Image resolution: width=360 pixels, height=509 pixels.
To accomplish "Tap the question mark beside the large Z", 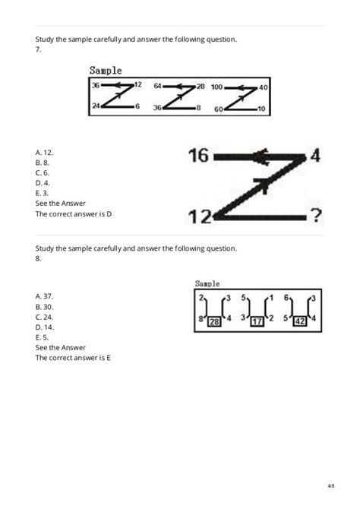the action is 316,217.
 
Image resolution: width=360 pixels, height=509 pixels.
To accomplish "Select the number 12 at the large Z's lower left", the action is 200,217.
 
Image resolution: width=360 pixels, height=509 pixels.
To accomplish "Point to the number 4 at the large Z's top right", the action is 316,156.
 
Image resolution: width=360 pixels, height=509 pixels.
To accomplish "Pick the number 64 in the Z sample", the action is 158,87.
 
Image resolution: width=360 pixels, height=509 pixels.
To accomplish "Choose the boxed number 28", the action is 214,322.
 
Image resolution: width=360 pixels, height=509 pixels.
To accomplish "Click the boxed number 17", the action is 257,322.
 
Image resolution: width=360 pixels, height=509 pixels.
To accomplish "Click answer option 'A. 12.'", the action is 44,152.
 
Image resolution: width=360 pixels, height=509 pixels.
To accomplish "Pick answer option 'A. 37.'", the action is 44,295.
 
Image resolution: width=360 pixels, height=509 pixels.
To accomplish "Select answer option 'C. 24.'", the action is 44,315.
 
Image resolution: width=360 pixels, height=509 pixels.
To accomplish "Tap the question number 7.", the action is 37,49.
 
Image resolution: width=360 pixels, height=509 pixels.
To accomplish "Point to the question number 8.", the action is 37,258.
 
